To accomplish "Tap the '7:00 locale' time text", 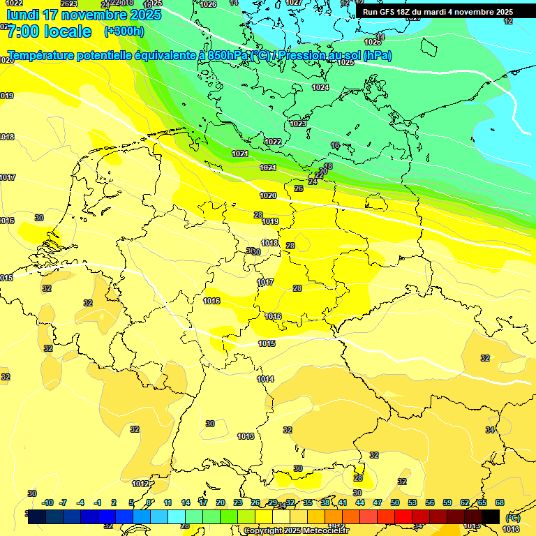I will coord(50,31).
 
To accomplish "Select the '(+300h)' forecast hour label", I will coord(124,31).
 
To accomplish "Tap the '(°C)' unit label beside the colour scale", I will coord(513,519).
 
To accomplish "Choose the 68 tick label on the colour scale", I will coord(499,502).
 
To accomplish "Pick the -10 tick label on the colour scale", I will coord(47,502).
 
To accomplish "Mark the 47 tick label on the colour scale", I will coord(378,502).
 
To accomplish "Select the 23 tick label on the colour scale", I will coord(238,502).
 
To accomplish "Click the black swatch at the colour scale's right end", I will coord(491,516).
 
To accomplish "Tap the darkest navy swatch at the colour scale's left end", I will coord(37,516).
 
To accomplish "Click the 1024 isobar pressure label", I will coord(320,87).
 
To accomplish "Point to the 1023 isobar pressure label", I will coord(298,124).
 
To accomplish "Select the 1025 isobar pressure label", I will coord(345,63).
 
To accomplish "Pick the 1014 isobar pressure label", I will coord(265,379).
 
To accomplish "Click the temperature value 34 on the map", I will coord(490,430).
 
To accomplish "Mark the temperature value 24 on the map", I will coord(313,181).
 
